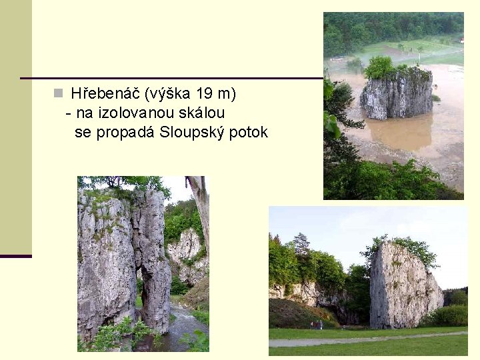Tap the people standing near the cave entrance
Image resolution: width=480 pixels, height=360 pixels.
pyautogui.click(x=316, y=325)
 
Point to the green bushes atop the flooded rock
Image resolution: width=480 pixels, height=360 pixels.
pyautogui.click(x=381, y=66)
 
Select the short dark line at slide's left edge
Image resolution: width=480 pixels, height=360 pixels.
pyautogui.click(x=15, y=256)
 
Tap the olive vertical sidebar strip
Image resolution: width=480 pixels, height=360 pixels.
pyautogui.click(x=15, y=127)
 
